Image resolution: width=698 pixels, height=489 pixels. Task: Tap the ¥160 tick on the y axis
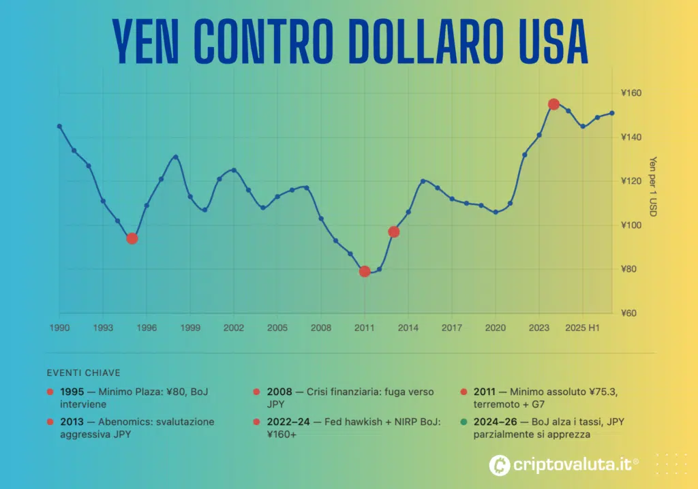[x=631, y=93]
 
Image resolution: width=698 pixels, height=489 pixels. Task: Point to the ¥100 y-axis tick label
[x=631, y=225]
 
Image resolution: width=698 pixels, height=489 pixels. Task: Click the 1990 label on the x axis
[x=59, y=328]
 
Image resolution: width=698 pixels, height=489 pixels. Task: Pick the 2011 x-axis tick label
[x=365, y=328]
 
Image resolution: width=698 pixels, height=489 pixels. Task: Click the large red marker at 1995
[x=132, y=238]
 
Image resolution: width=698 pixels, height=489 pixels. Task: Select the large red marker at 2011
[x=365, y=271]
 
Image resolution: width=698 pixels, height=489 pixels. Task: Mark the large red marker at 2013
[x=393, y=232]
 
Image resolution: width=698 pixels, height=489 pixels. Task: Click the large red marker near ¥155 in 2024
[x=553, y=104]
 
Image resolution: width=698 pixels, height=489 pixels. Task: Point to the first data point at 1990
[x=59, y=126]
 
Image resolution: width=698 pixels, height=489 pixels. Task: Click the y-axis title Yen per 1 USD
[x=652, y=187]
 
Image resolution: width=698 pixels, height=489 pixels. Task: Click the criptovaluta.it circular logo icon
[x=500, y=465]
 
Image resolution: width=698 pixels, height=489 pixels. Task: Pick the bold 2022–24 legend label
[x=287, y=422]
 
